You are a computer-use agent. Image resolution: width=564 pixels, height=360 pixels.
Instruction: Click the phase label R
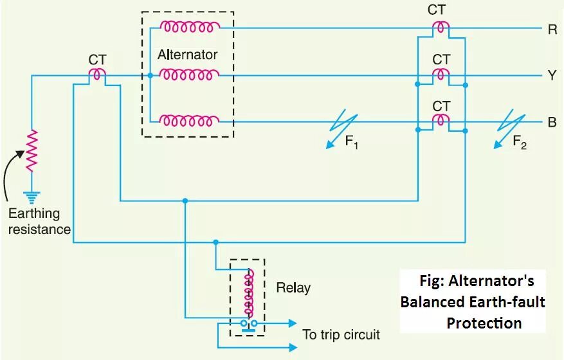552,29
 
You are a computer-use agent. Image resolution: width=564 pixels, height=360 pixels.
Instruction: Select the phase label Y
552,75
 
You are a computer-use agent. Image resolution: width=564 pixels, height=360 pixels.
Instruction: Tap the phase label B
552,122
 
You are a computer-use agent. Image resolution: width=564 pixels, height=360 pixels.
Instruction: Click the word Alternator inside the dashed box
187,55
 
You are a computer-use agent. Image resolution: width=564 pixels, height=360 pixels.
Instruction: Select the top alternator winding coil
189,27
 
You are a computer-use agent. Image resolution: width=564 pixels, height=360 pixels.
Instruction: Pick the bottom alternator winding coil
189,120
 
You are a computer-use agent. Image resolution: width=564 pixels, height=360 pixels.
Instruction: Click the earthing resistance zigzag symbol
31,150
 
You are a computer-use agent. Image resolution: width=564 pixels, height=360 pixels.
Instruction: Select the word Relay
293,287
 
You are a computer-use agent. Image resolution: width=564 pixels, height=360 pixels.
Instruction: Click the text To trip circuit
341,334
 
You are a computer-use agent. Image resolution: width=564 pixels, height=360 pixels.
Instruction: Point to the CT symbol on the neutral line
98,75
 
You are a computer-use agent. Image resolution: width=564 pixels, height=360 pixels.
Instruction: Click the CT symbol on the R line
441,28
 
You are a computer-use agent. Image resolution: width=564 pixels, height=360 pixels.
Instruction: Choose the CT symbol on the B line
441,120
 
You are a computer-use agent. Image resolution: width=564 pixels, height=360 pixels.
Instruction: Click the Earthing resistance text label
39,221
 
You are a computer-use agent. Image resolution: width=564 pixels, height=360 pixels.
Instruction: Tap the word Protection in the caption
484,322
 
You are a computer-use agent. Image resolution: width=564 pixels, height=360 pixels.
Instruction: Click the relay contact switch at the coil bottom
248,324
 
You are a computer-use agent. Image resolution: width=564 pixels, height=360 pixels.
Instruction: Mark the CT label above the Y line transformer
441,59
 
